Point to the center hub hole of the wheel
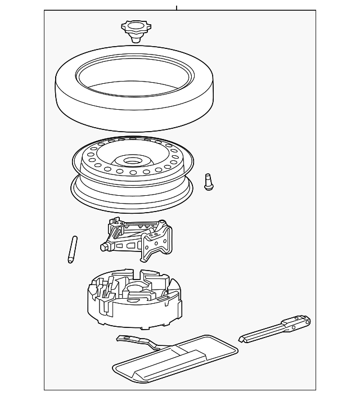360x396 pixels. pyautogui.click(x=133, y=160)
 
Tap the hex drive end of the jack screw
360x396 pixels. pyautogui.click(x=104, y=247)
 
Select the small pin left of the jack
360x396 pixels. pyautogui.click(x=72, y=250)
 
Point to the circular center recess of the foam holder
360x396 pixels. pyautogui.click(x=136, y=289)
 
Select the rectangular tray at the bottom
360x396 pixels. pyautogui.click(x=174, y=360)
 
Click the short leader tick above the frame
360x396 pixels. pyautogui.click(x=177, y=7)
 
